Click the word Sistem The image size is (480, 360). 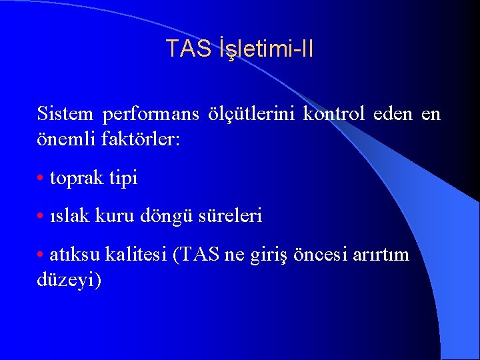coord(65,114)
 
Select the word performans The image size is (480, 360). coord(151,114)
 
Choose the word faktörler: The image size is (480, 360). coord(141,141)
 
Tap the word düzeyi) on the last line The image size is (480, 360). coord(69,280)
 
